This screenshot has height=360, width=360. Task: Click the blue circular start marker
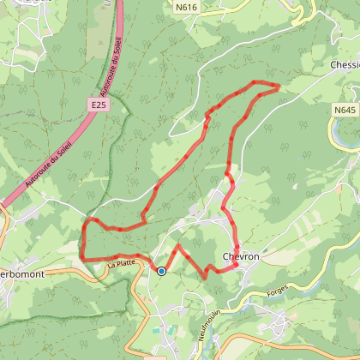[161, 272]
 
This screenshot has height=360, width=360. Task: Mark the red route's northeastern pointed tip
[279, 86]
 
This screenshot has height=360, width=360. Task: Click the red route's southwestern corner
[82, 258]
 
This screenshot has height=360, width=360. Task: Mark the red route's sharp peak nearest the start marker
[177, 246]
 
